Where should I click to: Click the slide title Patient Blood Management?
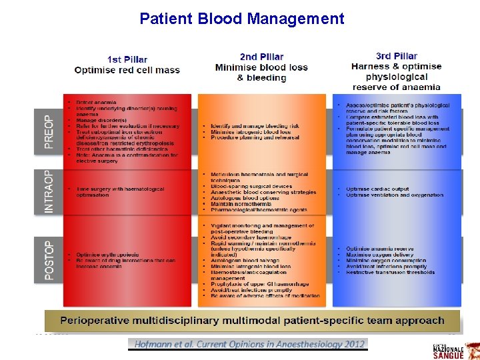[242, 18]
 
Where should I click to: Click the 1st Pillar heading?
[127, 60]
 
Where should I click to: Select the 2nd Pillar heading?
[261, 57]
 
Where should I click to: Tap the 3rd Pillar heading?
[397, 56]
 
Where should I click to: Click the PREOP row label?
[47, 131]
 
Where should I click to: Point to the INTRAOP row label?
[47, 191]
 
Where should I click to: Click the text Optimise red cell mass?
[127, 70]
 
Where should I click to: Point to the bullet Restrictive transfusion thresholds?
[391, 273]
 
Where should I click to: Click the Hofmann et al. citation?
[249, 344]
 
